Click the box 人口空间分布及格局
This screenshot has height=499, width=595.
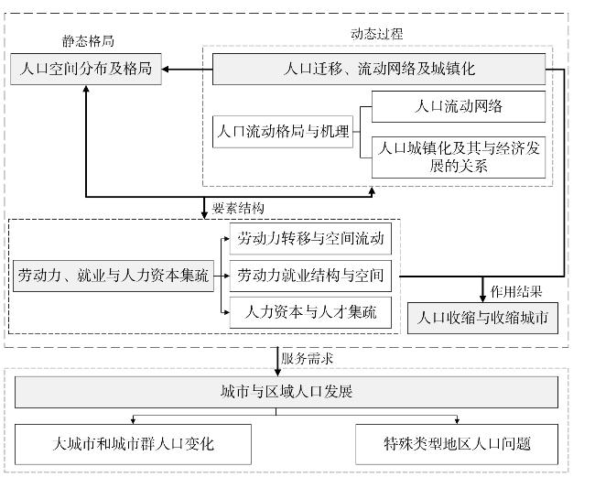(x=86, y=69)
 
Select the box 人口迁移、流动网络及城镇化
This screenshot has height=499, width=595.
(x=379, y=69)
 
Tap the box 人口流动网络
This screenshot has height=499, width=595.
(x=459, y=106)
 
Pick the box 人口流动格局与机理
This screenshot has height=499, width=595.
(x=283, y=132)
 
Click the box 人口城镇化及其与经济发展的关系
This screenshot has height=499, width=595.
(x=459, y=157)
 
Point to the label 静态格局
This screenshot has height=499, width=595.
(x=88, y=41)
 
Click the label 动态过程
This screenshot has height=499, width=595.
(x=376, y=34)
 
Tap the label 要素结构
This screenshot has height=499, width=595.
(x=238, y=208)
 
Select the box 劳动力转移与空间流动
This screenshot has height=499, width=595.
(x=310, y=239)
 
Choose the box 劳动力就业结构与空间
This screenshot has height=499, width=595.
(x=310, y=276)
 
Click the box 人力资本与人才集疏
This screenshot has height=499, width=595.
(x=310, y=312)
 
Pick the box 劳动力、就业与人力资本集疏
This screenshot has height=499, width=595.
(x=114, y=276)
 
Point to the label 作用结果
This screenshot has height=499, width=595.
(x=516, y=291)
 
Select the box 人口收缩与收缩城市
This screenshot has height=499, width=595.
(x=482, y=318)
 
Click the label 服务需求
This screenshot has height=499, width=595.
(x=307, y=359)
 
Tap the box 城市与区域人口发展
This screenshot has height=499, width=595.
(x=287, y=392)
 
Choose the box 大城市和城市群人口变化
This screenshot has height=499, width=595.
(x=133, y=444)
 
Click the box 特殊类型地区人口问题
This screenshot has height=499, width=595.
(x=457, y=444)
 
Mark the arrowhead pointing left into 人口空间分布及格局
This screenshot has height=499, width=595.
(x=166, y=69)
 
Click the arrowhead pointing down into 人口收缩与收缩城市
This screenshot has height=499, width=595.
(x=482, y=298)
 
